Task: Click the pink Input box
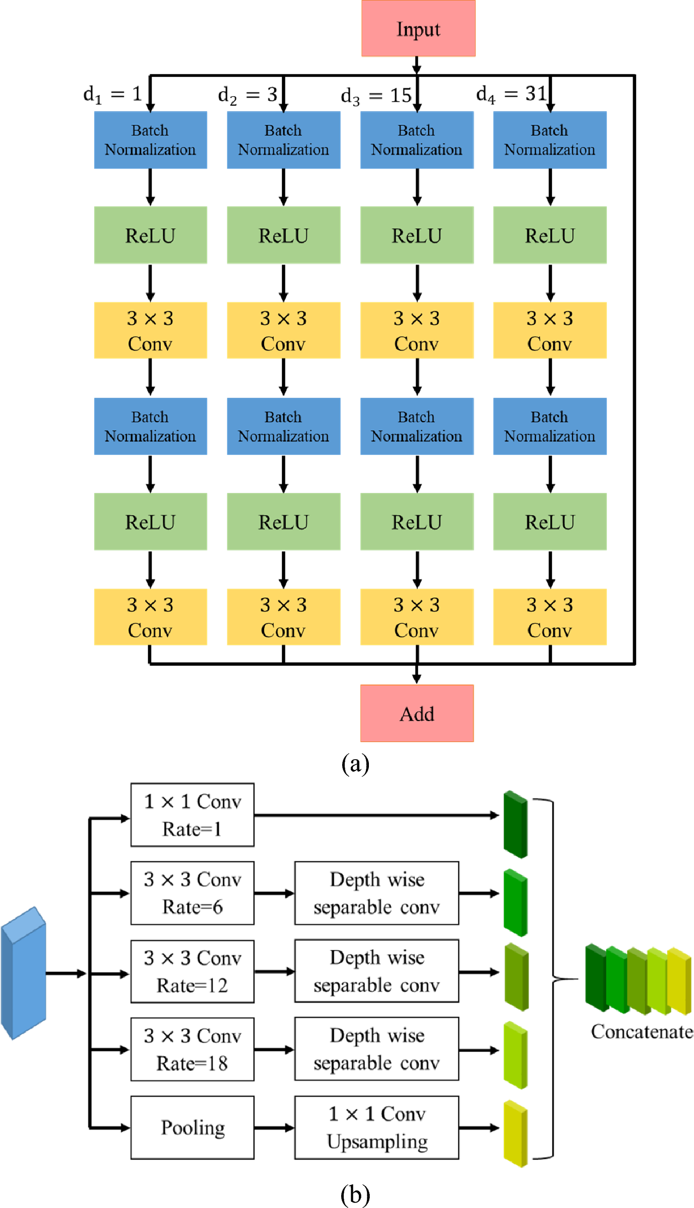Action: [418, 29]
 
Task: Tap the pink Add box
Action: [417, 713]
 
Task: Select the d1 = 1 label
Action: [113, 94]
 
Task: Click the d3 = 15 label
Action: [376, 95]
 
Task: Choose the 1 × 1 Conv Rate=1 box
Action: [192, 815]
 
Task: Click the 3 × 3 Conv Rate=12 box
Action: [192, 972]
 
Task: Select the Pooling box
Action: [192, 1128]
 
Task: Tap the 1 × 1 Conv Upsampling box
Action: [376, 1128]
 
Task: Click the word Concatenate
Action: [642, 1032]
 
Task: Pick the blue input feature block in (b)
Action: [23, 974]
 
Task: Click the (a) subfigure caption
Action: [355, 764]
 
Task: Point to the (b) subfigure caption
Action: [355, 1194]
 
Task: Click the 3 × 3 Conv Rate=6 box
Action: [192, 893]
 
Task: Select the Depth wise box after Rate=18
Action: [376, 1049]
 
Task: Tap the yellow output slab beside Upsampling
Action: [515, 1134]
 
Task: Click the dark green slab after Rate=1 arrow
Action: [515, 824]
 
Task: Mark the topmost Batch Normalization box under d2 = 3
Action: [283, 140]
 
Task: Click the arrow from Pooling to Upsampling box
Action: [274, 1128]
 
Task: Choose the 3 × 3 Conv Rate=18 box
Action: [192, 1050]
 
